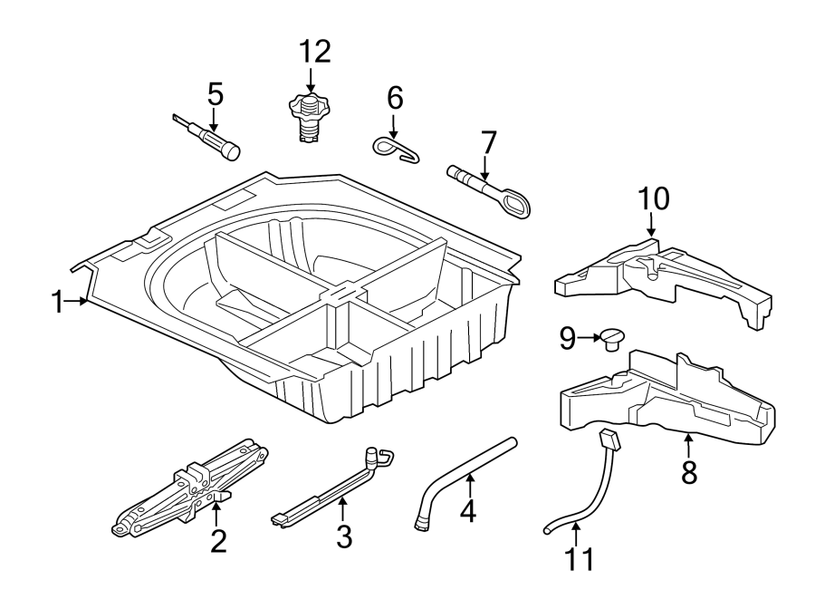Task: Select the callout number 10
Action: (655, 198)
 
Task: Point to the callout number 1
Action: (58, 303)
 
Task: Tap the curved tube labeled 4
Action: (462, 480)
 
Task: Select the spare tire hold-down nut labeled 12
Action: (310, 118)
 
